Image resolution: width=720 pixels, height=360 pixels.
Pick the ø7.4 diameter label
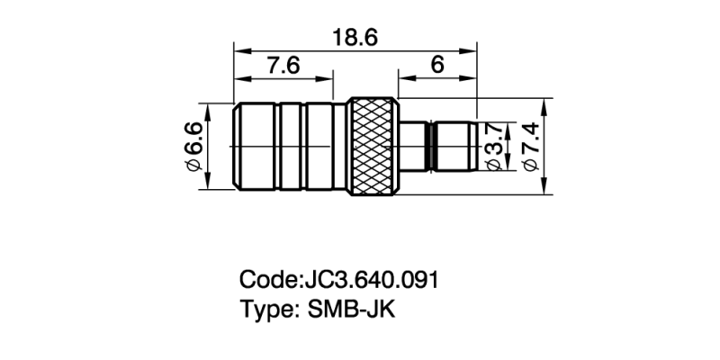(530, 146)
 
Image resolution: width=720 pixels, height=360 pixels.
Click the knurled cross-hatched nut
(373, 146)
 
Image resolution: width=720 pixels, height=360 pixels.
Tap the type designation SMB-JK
(352, 309)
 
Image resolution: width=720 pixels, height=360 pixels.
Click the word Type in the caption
(265, 309)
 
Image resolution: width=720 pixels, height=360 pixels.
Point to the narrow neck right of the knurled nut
(415, 146)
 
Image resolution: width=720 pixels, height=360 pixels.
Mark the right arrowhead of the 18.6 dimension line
(473, 50)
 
